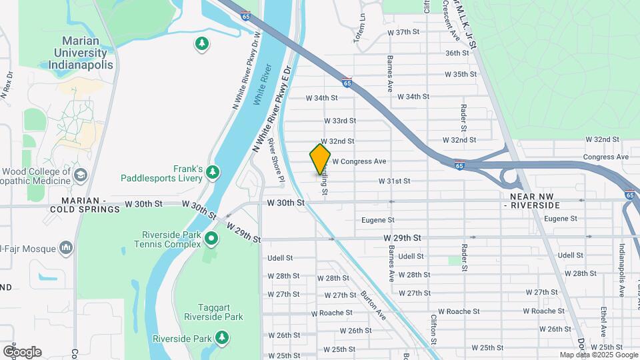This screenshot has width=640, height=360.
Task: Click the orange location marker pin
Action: tap(320, 159)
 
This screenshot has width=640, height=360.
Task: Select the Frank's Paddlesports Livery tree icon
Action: tap(213, 173)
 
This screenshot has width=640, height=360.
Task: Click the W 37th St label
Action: tap(404, 32)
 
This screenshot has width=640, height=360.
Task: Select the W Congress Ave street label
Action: tap(359, 161)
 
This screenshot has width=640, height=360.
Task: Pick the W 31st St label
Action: tap(394, 181)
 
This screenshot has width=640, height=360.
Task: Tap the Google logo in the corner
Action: tap(22, 351)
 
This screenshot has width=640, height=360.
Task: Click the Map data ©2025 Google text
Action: tap(598, 355)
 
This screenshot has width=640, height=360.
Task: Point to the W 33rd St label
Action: tap(340, 121)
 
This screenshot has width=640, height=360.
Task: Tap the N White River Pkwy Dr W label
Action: tap(246, 70)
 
